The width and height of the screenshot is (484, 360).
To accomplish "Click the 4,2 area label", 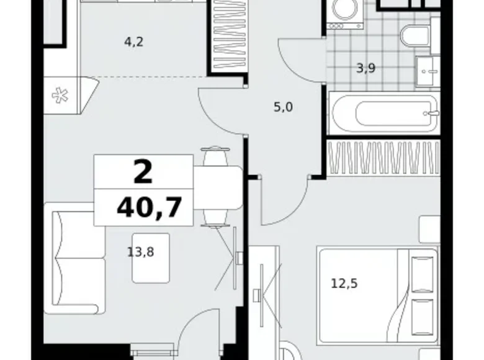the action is [134, 42].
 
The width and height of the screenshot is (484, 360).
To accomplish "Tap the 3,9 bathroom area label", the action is [366, 68].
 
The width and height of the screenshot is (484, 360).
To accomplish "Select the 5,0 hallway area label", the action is [283, 107].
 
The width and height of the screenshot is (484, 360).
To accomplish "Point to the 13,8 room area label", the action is [141, 252].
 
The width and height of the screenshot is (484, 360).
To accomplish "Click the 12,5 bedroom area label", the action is [344, 284].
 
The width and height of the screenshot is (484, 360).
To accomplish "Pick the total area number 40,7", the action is [149, 207].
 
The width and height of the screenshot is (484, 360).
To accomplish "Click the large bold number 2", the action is [143, 172].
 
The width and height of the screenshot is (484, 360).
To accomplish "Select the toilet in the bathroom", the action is [415, 37].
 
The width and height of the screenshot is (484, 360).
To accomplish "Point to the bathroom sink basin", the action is [428, 71].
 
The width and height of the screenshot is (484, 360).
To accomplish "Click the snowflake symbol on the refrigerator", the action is [60, 96].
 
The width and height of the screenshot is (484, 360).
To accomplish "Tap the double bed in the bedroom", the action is [379, 296].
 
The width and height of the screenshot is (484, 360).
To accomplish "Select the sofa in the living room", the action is [74, 258].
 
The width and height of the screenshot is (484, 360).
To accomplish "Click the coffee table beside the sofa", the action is [151, 258].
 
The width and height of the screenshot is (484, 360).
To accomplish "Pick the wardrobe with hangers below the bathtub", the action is [383, 158].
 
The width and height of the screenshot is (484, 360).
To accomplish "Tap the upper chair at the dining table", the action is [215, 157].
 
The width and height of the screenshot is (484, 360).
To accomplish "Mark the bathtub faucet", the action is [432, 113].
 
